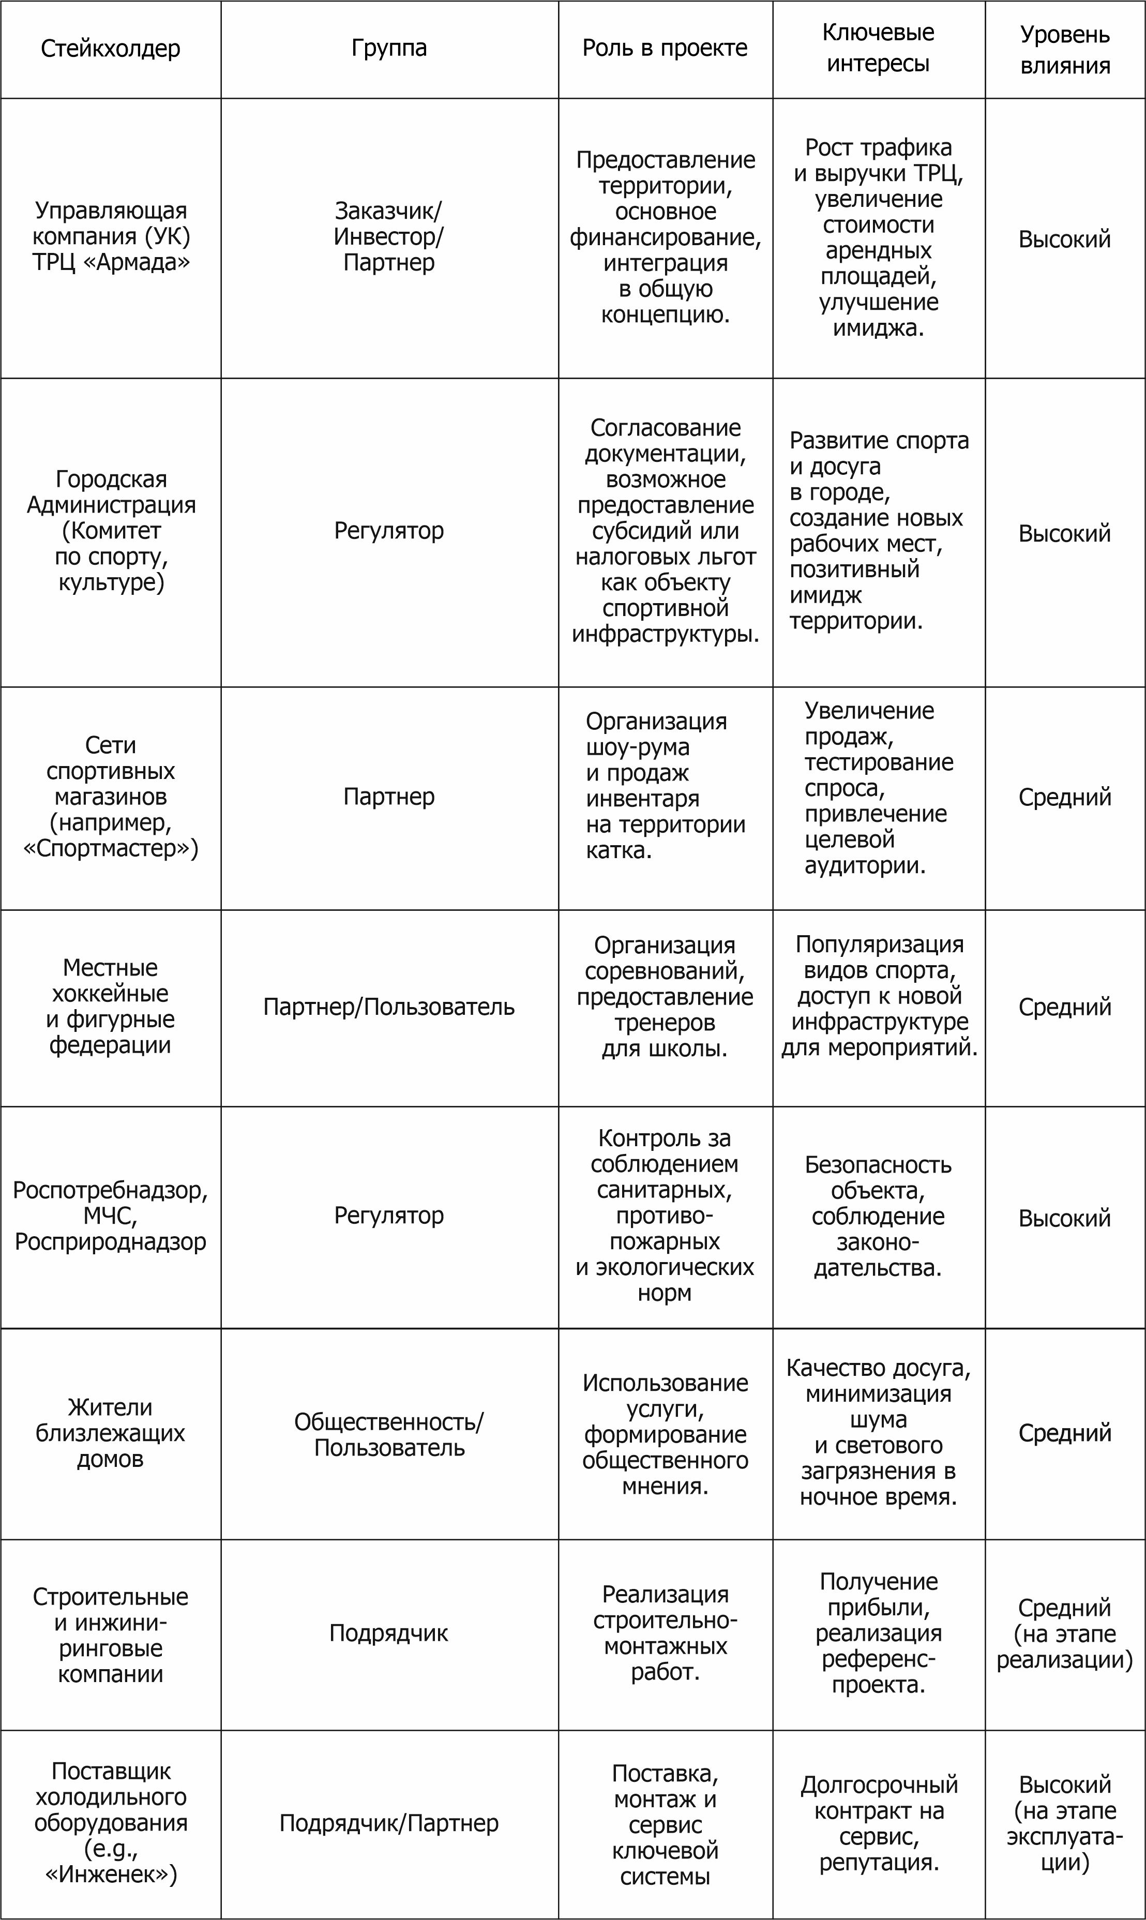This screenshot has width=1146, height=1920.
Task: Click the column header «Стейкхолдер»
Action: coord(111,49)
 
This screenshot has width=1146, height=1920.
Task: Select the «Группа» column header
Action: coord(389,48)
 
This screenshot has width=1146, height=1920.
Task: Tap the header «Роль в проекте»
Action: coord(665,48)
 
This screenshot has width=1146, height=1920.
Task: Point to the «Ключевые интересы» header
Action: coord(878,48)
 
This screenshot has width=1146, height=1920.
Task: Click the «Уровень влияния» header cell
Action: coord(1065,50)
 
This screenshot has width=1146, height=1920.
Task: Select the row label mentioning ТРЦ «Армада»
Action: coord(111,236)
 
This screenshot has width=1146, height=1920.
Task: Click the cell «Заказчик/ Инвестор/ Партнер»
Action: coord(389,236)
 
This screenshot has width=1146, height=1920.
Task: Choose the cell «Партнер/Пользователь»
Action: coord(389,1007)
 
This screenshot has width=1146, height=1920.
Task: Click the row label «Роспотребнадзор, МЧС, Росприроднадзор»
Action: coord(111,1216)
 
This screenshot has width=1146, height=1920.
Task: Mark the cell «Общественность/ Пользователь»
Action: coord(389,1434)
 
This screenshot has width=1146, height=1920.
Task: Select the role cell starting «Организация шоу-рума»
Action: coord(665,786)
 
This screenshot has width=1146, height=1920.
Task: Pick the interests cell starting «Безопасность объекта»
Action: coord(878,1216)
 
